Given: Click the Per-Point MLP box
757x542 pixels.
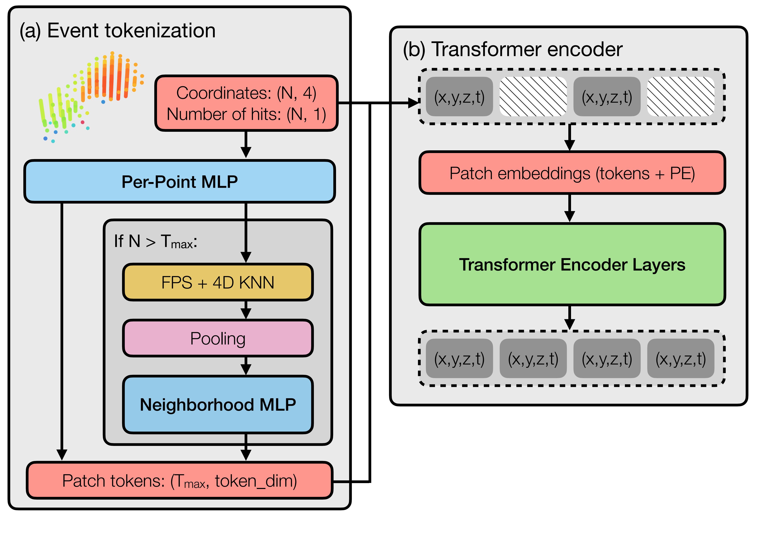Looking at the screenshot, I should [x=179, y=182].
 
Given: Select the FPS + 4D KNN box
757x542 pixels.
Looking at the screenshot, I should [x=217, y=282].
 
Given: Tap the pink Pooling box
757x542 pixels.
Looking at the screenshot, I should [x=217, y=338].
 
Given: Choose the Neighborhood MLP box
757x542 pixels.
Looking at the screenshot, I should [x=217, y=404].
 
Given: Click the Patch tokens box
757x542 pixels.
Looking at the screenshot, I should [x=179, y=481].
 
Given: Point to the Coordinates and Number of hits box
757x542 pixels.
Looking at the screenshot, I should [x=246, y=103].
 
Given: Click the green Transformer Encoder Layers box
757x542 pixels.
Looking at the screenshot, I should [x=572, y=264].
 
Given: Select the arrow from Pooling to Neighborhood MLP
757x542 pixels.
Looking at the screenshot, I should [x=246, y=366].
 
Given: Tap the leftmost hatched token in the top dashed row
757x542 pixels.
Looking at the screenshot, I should [x=533, y=97].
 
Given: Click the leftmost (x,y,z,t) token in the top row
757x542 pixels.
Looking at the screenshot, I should [x=459, y=97].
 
